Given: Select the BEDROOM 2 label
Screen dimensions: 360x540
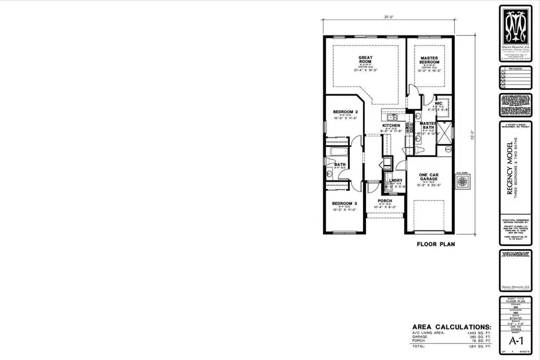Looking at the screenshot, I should pyautogui.click(x=345, y=112).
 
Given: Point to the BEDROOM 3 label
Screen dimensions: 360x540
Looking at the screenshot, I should pyautogui.click(x=344, y=204).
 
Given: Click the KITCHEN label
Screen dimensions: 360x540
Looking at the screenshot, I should pyautogui.click(x=391, y=125).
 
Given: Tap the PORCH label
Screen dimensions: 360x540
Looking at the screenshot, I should pyautogui.click(x=385, y=201).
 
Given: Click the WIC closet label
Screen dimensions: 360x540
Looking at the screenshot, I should pyautogui.click(x=439, y=104).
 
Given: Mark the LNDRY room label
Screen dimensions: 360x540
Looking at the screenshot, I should pyautogui.click(x=395, y=181).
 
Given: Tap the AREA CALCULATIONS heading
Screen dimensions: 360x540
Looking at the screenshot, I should pyautogui.click(x=451, y=328).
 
